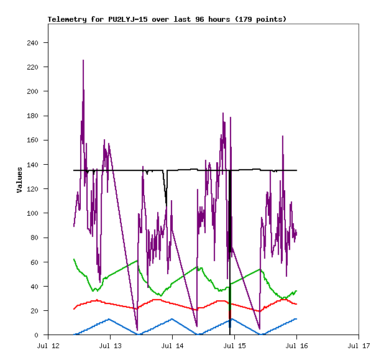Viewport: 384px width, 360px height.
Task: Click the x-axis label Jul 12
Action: pyautogui.click(x=48, y=346)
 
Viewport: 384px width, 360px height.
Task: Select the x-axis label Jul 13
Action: pyautogui.click(x=110, y=346)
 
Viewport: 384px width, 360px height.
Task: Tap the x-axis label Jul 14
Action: pyautogui.click(x=172, y=346)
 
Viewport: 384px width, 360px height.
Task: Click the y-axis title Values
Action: pyautogui.click(x=19, y=179)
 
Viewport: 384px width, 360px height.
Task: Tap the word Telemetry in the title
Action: pyautogui.click(x=67, y=19)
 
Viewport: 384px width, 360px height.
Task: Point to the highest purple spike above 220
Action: pyautogui.click(x=83, y=61)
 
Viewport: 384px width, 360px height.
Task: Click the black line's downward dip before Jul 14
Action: pyautogui.click(x=166, y=201)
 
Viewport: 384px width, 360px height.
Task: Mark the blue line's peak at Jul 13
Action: pyautogui.click(x=109, y=319)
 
